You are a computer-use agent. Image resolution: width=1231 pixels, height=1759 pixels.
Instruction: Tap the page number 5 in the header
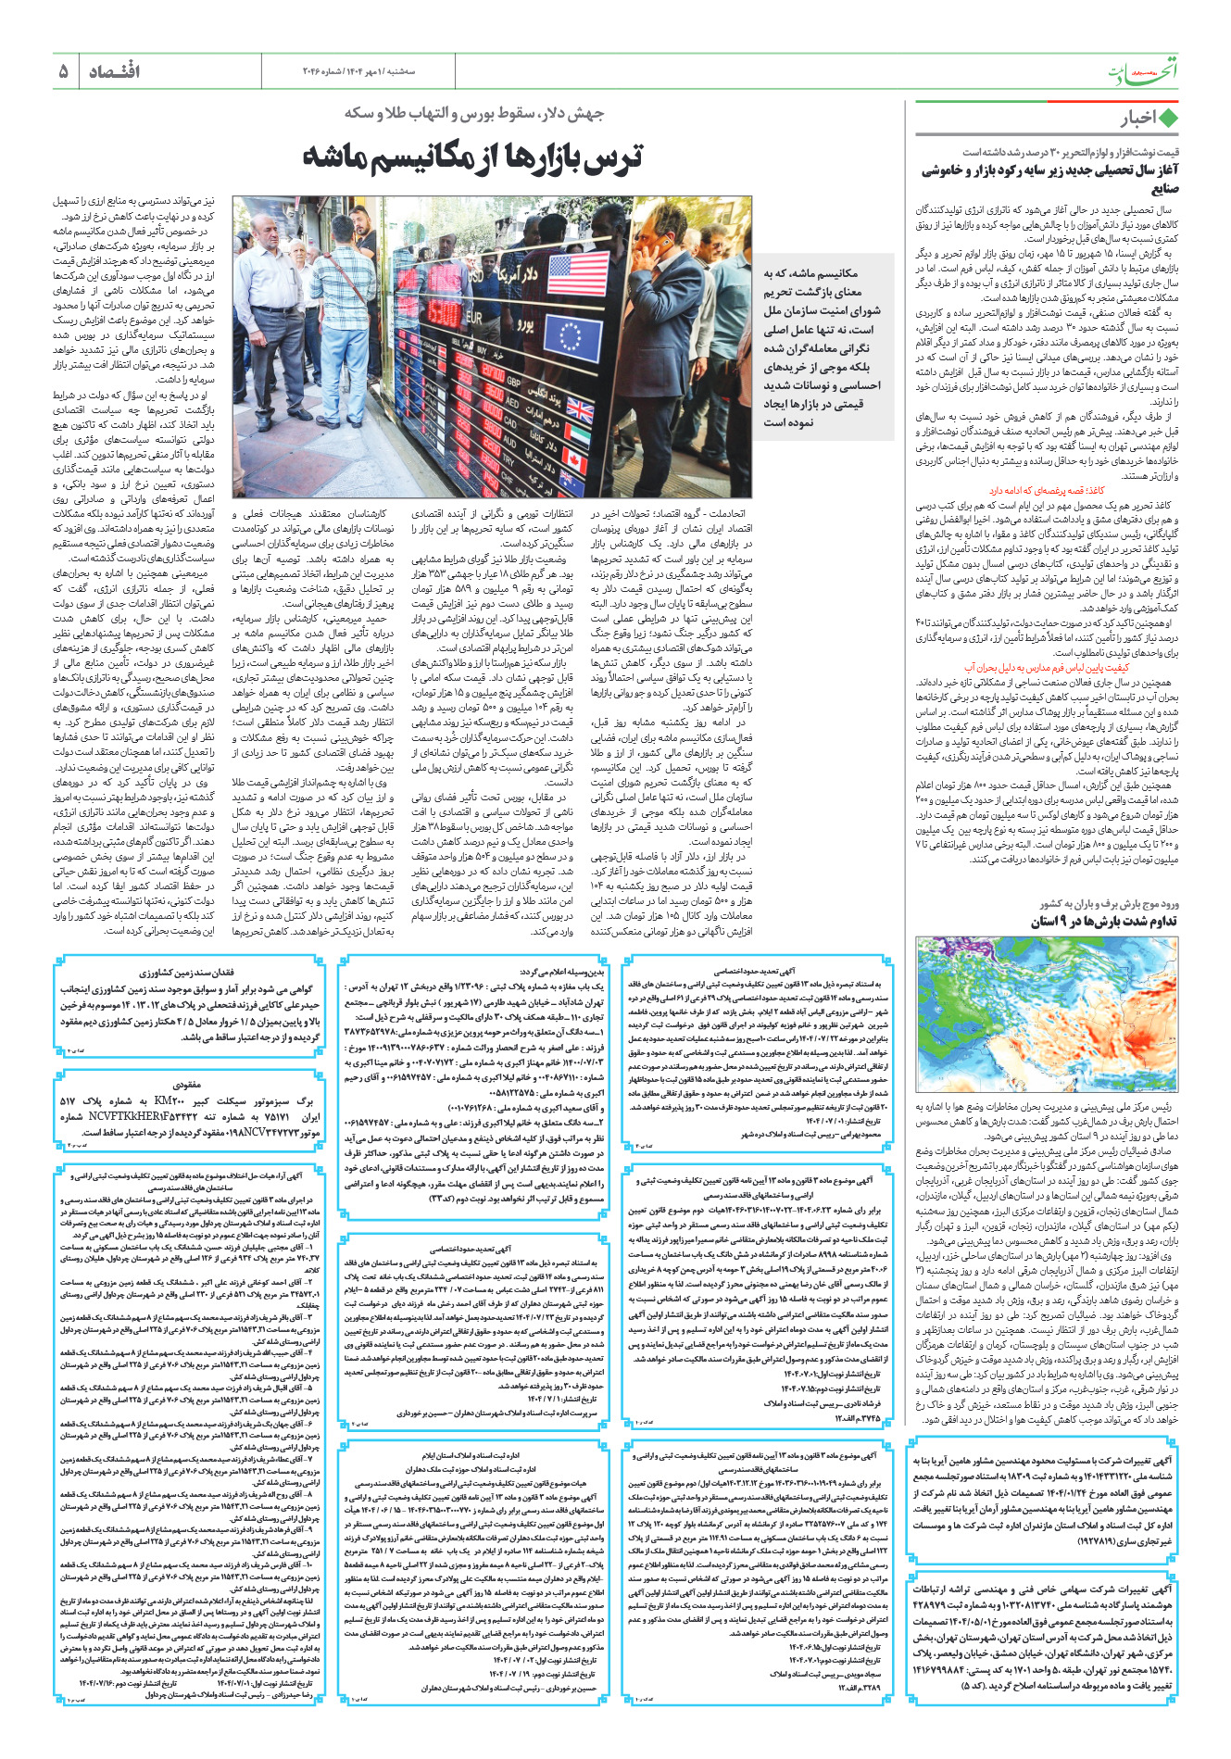64,71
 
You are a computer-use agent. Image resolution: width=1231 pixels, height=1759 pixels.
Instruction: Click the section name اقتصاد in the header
114,71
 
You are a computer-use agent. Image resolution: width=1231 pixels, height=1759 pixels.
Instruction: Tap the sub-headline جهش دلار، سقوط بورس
474,114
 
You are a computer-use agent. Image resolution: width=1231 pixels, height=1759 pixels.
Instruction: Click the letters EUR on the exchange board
473,317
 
